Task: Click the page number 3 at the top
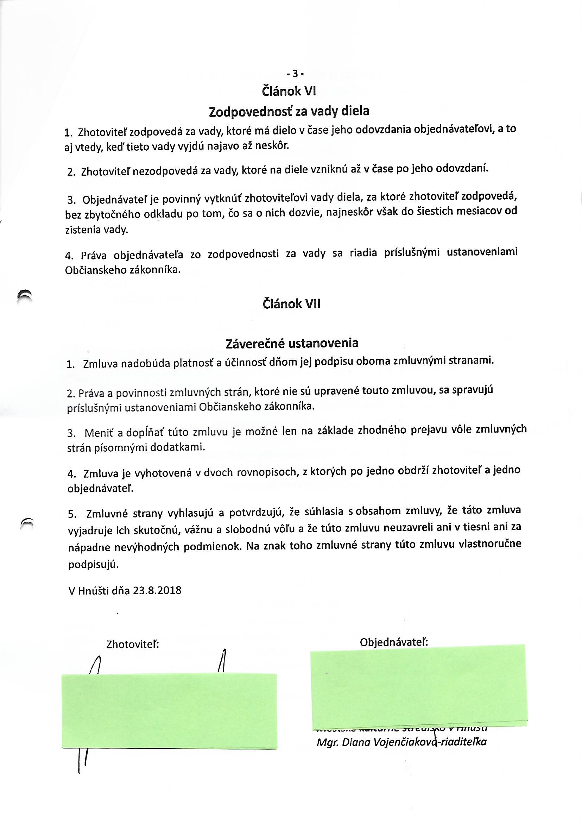295,74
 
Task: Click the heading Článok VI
289,92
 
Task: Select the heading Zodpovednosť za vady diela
289,112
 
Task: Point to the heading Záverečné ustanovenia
292,344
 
